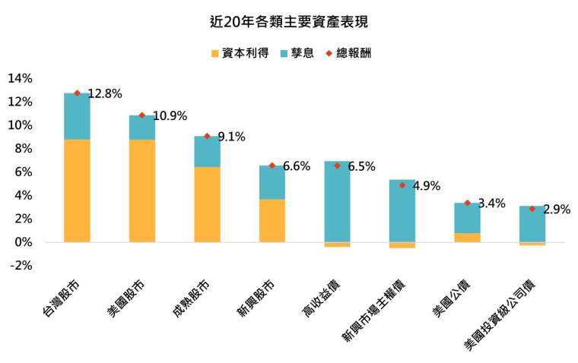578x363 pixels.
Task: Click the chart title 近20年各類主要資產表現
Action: coord(288,22)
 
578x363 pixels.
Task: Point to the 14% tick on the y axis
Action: coord(20,78)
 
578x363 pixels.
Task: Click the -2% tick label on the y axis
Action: coord(20,266)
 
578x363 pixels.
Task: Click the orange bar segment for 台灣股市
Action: coord(77,191)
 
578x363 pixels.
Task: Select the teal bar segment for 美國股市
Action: coord(142,128)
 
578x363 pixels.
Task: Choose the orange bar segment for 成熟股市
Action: coord(207,204)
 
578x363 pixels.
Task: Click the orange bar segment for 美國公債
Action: coord(467,238)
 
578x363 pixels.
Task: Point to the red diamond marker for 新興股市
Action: coord(272,166)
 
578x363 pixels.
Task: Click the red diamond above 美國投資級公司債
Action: coord(532,208)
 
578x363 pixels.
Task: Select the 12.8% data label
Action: coord(105,94)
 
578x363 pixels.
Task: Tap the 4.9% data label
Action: coord(426,185)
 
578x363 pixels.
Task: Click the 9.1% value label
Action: coord(231,137)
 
